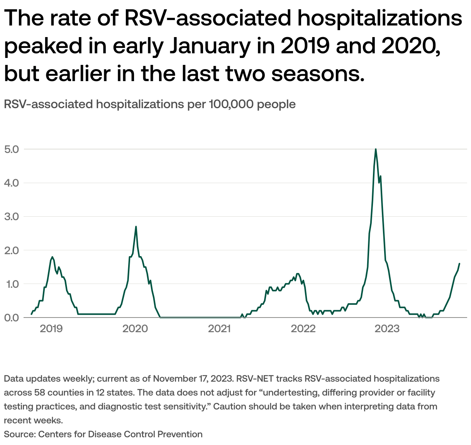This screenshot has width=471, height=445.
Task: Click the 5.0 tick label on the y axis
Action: tap(12, 149)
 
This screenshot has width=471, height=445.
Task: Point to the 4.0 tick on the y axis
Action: tap(12, 183)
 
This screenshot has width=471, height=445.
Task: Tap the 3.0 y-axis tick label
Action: tap(12, 216)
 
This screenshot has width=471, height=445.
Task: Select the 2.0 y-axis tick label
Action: tap(12, 250)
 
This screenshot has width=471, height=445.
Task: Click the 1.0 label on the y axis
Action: tap(12, 284)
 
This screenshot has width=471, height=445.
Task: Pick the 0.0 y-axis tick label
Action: tap(12, 318)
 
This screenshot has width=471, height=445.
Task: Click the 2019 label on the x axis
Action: tap(51, 329)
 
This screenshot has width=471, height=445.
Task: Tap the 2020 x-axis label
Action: tap(135, 329)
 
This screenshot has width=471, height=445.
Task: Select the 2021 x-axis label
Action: tap(219, 329)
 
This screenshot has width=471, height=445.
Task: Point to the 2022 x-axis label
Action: tap(303, 329)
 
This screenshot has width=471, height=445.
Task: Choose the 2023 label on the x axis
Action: tap(387, 329)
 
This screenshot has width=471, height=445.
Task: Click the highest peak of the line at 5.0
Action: tap(376, 149)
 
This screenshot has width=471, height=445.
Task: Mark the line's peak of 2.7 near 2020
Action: tap(136, 227)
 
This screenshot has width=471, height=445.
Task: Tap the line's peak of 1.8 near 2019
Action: tap(52, 257)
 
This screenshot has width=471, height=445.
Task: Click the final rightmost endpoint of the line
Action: tap(459, 263)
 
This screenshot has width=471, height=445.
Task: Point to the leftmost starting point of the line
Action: tap(32, 314)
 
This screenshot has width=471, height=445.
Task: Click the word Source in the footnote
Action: tap(19, 434)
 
